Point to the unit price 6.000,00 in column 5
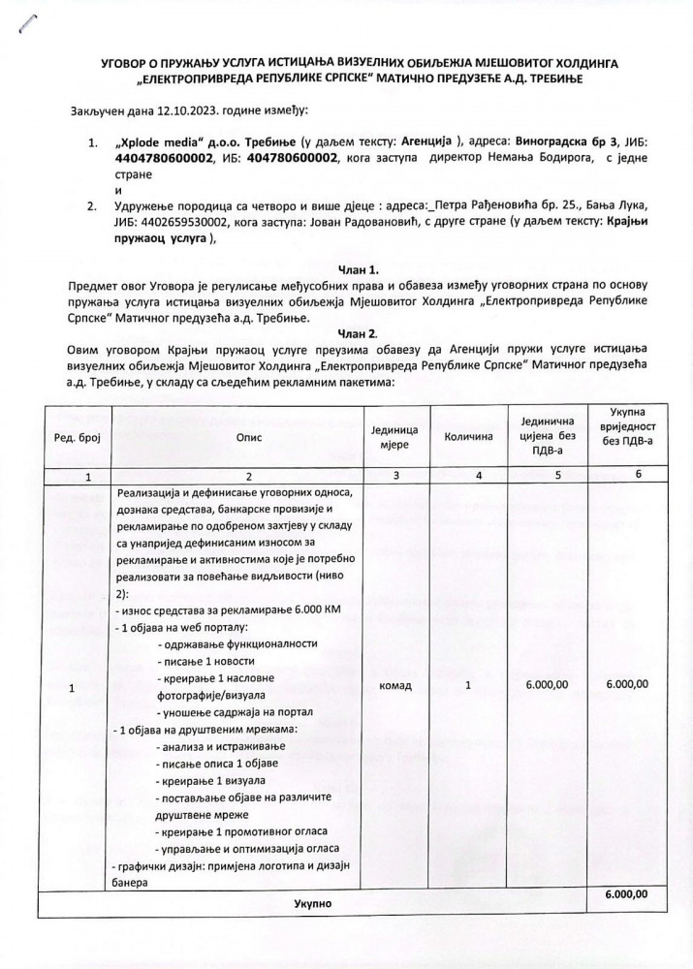point(548,685)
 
